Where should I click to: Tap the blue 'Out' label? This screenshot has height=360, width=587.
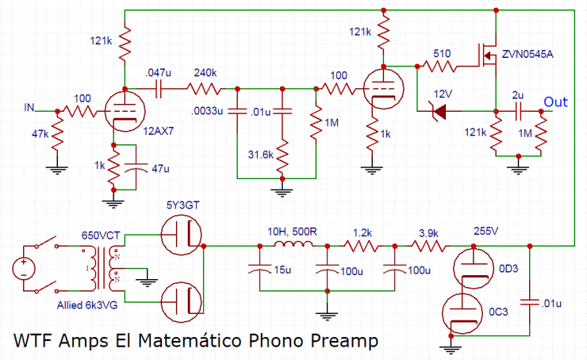click(x=555, y=101)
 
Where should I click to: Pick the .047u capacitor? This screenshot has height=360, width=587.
click(x=161, y=87)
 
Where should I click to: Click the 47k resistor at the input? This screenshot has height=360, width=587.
click(x=58, y=136)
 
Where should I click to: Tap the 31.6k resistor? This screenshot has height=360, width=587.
click(x=282, y=156)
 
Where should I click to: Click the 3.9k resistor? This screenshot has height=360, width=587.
click(x=428, y=246)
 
